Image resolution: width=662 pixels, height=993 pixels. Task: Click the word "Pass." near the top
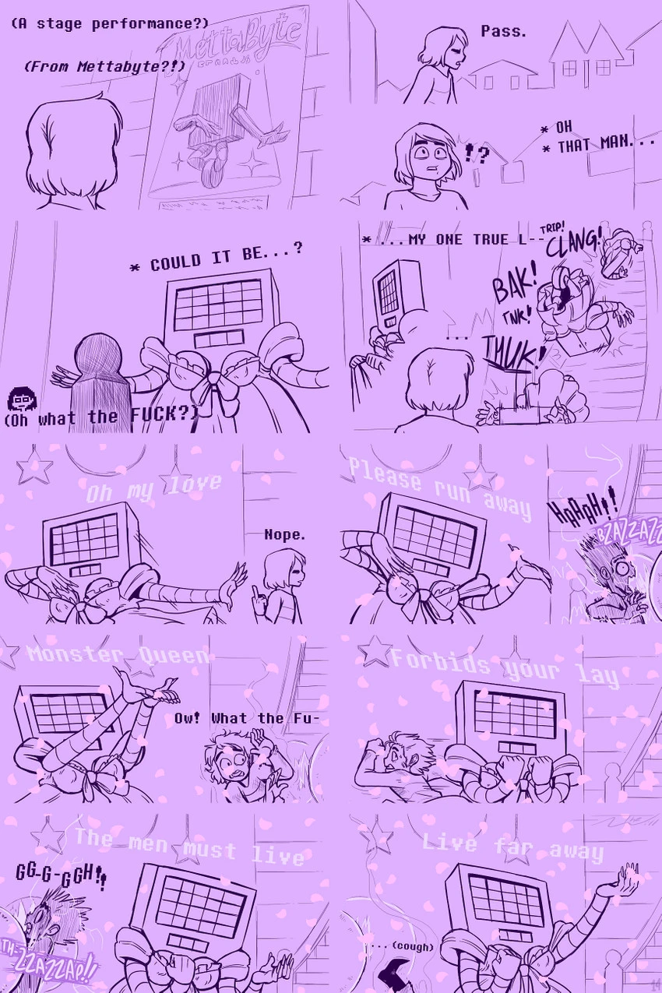[503, 32]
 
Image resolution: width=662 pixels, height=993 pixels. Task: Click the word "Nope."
[285, 534]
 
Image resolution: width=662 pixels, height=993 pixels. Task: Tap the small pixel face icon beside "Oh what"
[19, 400]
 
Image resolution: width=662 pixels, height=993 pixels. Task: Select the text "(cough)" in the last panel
[412, 947]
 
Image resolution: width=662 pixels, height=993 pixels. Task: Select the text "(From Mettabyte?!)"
[105, 67]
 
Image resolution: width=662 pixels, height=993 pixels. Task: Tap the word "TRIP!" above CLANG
[551, 227]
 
